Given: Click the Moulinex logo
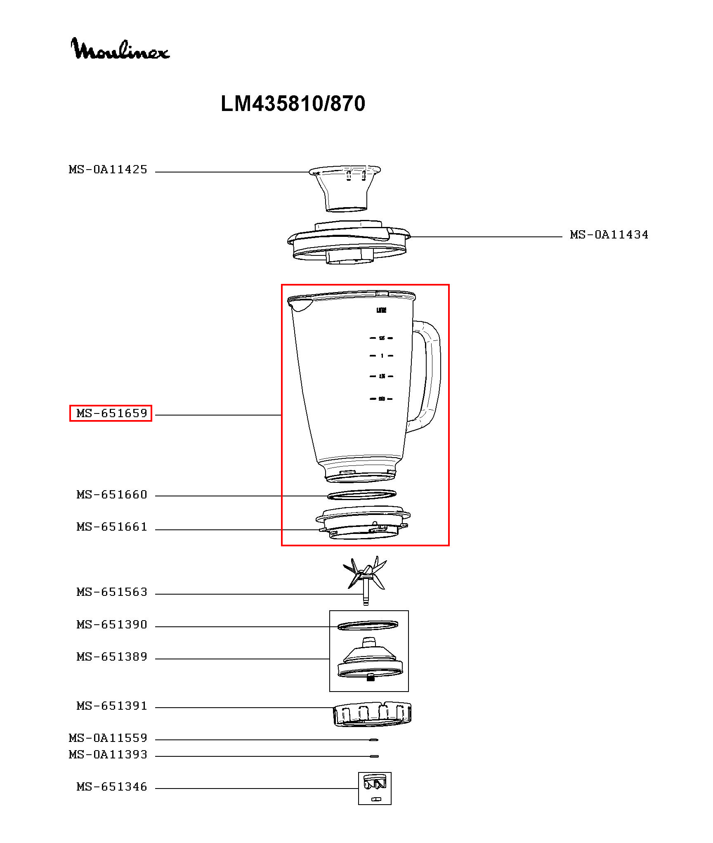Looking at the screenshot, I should pos(120,49).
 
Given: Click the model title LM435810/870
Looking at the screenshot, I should pos(293,104).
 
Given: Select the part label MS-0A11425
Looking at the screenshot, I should pos(108,170).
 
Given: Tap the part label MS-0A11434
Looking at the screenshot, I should pos(609,235).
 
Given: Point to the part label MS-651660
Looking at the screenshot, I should pos(112,494).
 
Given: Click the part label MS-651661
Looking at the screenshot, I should pos(112,527).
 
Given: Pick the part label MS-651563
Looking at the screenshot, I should pos(112,592).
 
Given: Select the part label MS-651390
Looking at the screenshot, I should pos(112,624).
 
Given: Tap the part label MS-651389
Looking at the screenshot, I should pos(112,656).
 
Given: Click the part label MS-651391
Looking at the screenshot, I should pos(112,706).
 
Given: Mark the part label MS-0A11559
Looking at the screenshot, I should pos(108,738).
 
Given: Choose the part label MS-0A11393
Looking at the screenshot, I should pos(108,754).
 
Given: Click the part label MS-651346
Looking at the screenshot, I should pos(112,786).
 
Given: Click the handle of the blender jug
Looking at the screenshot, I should pos(431,375).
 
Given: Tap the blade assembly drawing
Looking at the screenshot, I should pos(365,576).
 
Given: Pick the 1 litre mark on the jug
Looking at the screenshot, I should pos(382,356).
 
